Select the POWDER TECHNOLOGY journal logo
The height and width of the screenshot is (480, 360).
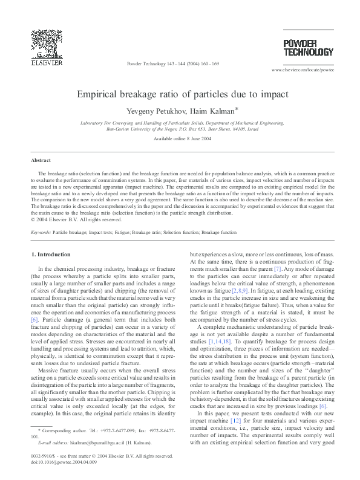[309, 47]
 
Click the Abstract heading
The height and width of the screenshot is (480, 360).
[41, 160]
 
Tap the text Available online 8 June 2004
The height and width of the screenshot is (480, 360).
[182, 139]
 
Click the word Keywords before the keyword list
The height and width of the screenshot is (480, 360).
[40, 232]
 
